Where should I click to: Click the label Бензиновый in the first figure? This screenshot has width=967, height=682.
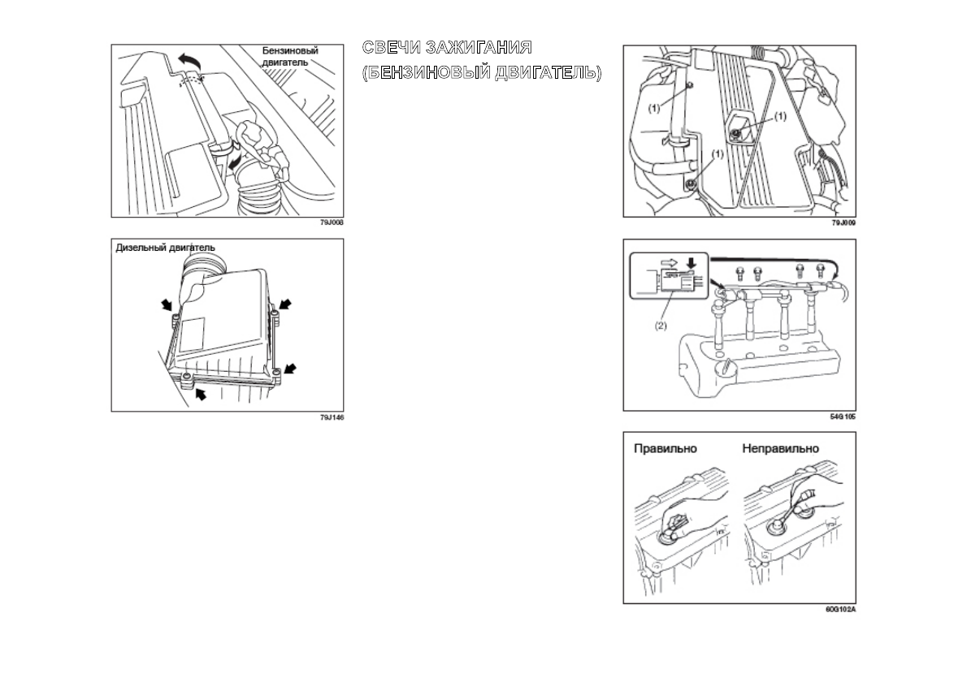pyautogui.click(x=289, y=50)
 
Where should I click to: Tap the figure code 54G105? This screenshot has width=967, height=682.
pyautogui.click(x=843, y=417)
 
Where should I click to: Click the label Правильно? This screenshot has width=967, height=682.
pyautogui.click(x=666, y=448)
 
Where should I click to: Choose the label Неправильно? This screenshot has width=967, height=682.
pyautogui.click(x=781, y=448)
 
